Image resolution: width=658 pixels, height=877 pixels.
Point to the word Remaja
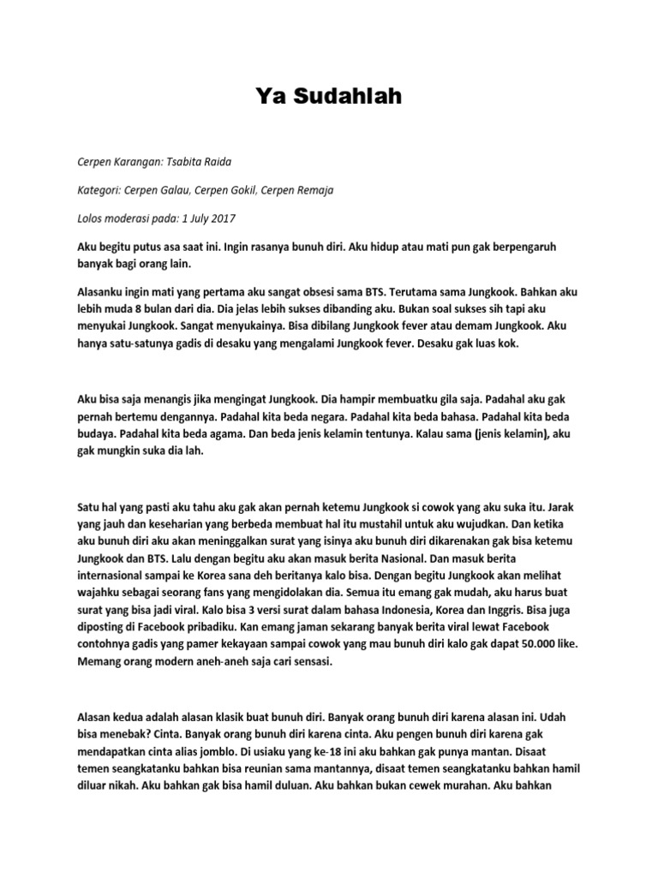(x=314, y=190)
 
